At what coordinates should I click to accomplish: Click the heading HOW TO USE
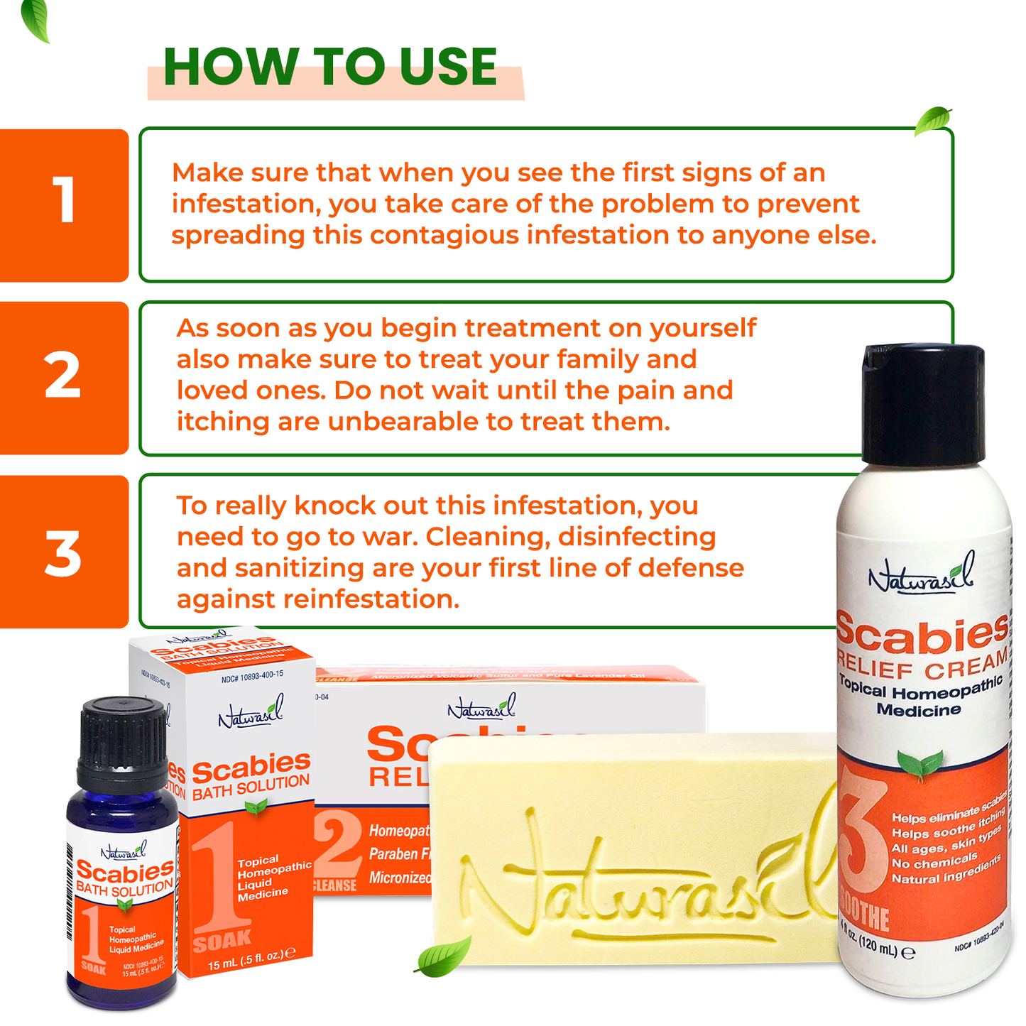330,67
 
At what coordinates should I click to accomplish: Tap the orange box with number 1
64,204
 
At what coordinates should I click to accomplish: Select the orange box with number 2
64,377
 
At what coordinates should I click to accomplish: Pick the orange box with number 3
64,552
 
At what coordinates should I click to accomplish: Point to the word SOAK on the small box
222,941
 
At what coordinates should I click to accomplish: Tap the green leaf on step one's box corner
932,121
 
